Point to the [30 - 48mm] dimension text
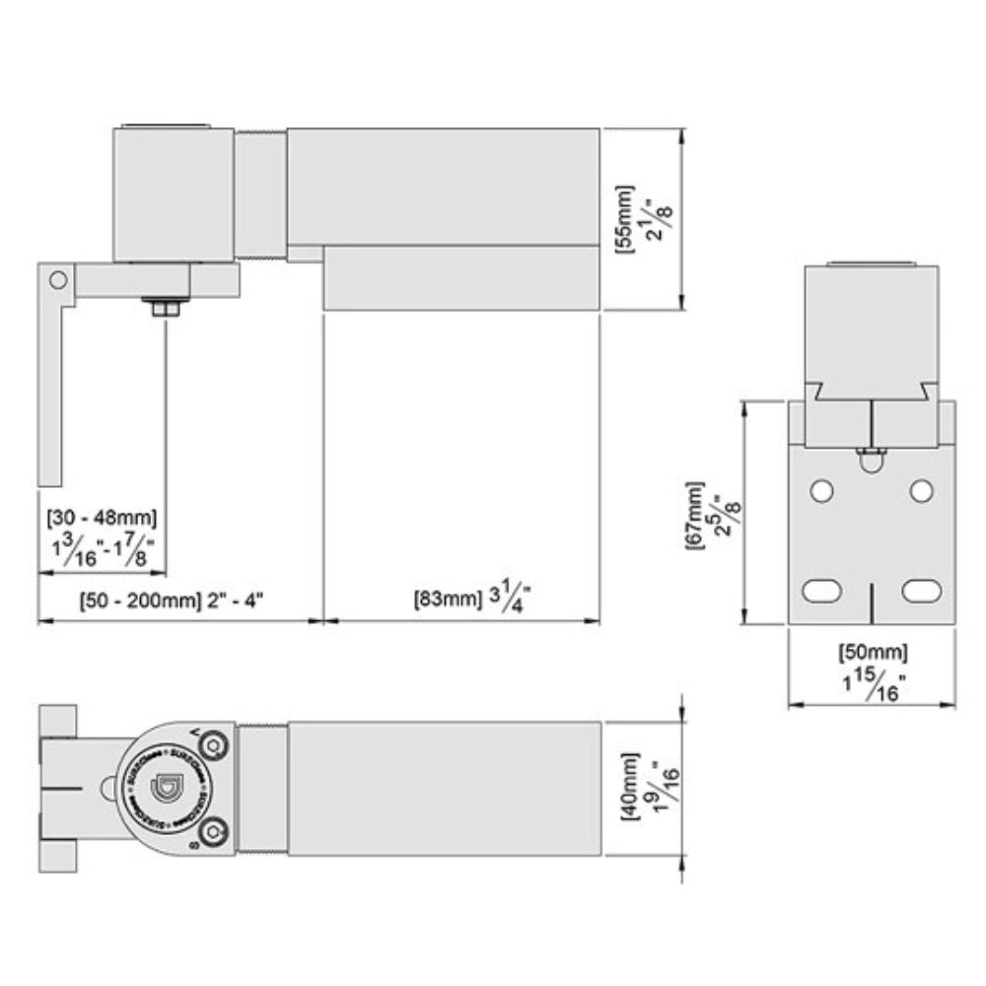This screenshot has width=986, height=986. tap(102, 516)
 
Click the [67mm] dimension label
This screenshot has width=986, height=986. tap(695, 516)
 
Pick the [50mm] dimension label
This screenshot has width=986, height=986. tap(873, 652)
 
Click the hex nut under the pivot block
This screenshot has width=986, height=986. tap(165, 308)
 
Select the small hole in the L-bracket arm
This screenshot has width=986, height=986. tap(59, 280)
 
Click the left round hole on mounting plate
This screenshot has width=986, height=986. tap(821, 490)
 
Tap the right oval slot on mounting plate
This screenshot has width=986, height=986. tap(921, 591)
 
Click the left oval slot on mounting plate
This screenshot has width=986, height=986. tap(821, 591)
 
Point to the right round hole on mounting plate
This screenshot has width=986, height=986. tap(921, 490)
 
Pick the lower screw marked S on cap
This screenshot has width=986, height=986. tap(216, 830)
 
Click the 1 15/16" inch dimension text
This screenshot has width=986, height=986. tap(872, 682)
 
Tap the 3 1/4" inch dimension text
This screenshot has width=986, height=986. tap(511, 599)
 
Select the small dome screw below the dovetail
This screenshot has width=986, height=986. tap(872, 458)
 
